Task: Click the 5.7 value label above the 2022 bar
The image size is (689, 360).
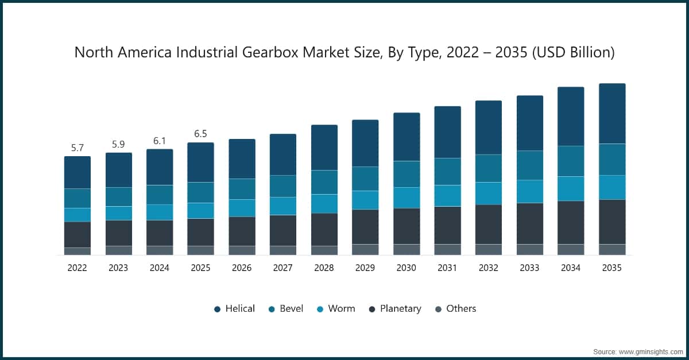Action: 78,148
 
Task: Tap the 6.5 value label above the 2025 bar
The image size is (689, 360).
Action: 200,134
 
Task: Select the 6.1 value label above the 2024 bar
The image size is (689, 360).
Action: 160,141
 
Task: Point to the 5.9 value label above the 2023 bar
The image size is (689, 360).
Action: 118,144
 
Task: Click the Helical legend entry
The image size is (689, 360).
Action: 234,309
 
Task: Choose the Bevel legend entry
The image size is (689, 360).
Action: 285,309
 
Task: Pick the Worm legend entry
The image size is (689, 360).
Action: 335,309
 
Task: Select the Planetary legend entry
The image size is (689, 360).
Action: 394,309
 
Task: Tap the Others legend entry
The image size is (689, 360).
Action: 455,309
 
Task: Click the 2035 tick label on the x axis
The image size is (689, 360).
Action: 612,268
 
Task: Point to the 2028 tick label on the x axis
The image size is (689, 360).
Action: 324,268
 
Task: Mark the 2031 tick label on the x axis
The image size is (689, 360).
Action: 447,268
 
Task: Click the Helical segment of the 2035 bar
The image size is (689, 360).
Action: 612,114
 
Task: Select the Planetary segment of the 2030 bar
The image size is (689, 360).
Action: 407,226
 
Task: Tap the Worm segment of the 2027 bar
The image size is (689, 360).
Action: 283,206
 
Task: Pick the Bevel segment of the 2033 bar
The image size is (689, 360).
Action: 530,165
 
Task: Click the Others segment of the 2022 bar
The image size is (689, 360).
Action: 78,251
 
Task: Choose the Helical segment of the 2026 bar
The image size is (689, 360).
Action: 242,158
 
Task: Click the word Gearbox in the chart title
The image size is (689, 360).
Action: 274,53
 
